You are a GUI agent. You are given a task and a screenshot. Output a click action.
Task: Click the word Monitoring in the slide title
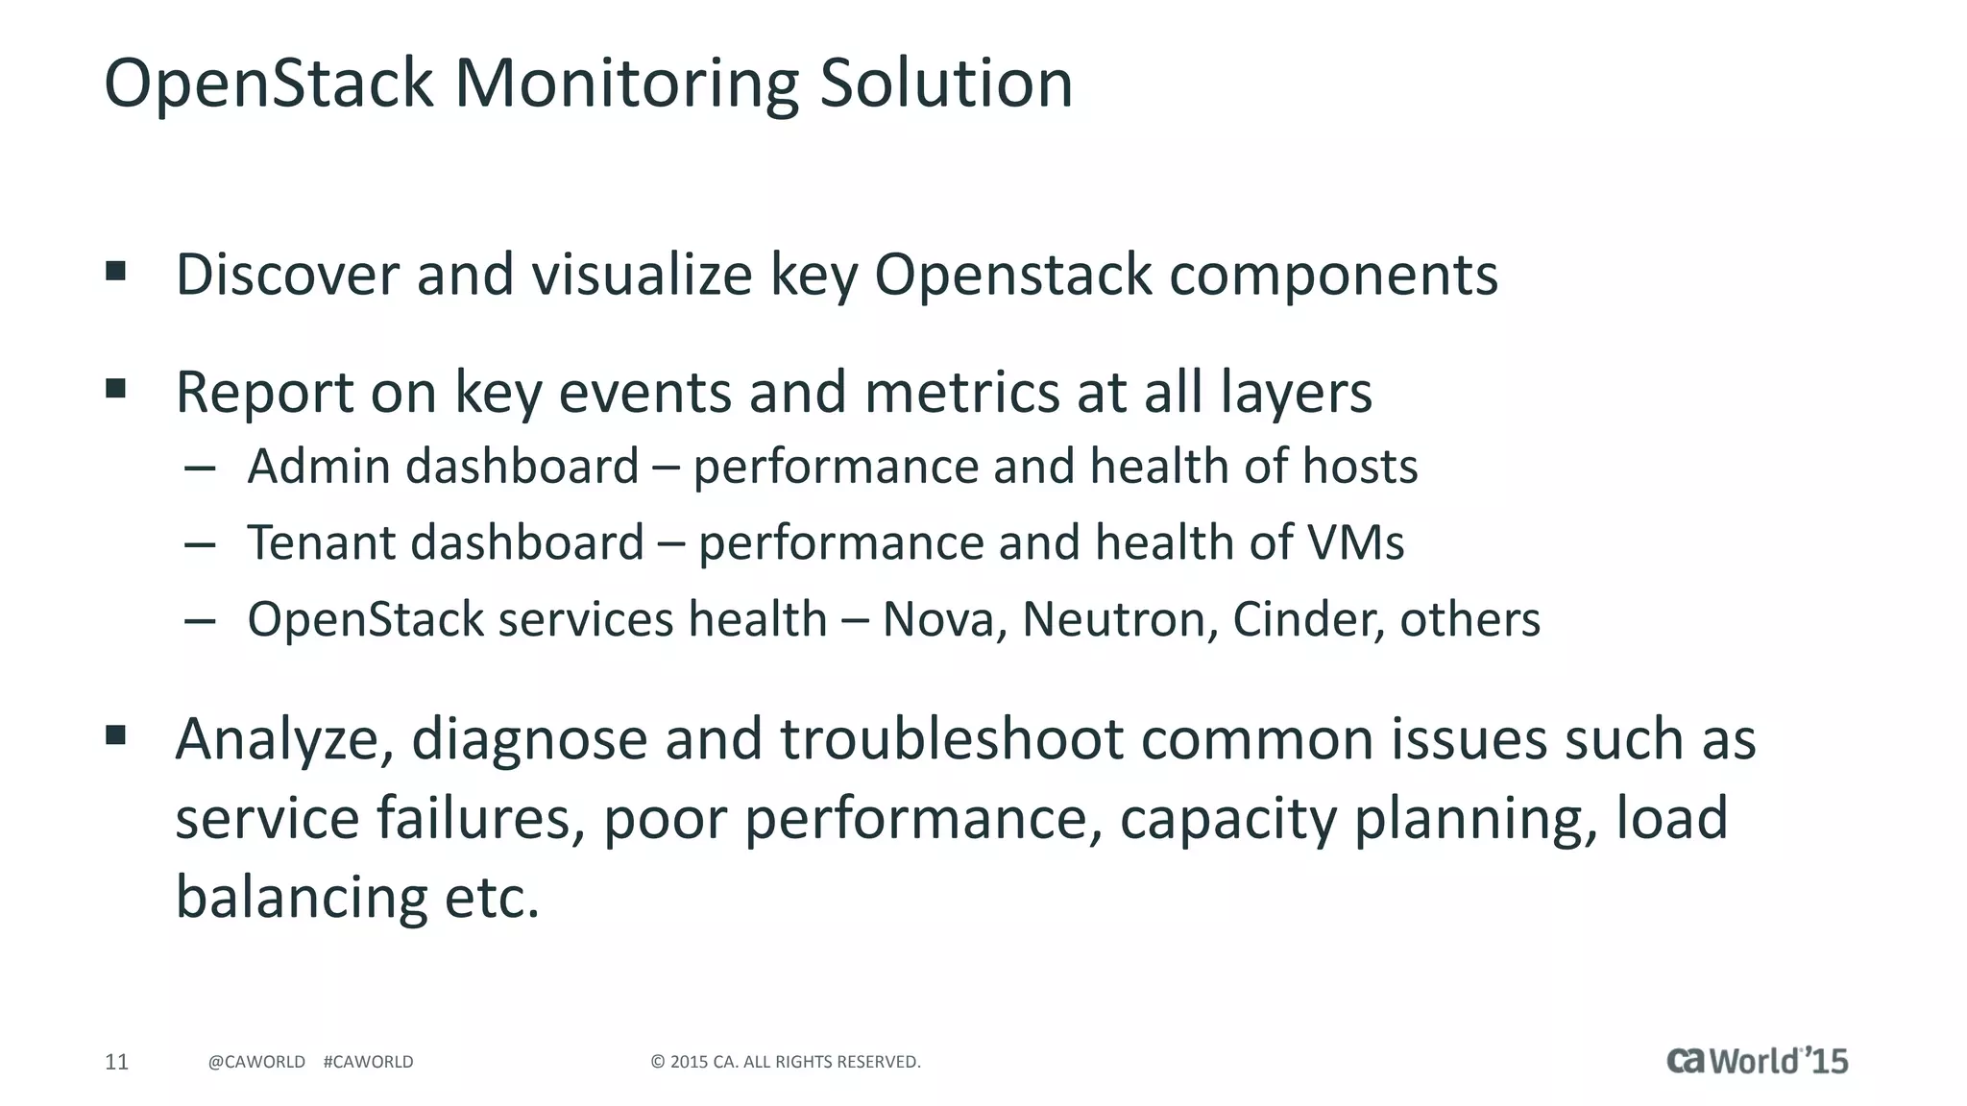[x=626, y=84]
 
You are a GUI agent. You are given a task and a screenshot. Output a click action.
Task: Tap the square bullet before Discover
[x=116, y=272]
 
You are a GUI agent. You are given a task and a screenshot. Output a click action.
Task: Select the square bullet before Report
[x=116, y=389]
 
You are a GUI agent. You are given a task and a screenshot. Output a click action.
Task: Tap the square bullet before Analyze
[x=116, y=736]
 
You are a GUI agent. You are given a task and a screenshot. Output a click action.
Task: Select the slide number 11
[x=116, y=1062]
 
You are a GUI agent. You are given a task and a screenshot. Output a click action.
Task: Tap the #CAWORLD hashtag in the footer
[x=368, y=1062]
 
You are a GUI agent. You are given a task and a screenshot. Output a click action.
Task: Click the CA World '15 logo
[x=1757, y=1060]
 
